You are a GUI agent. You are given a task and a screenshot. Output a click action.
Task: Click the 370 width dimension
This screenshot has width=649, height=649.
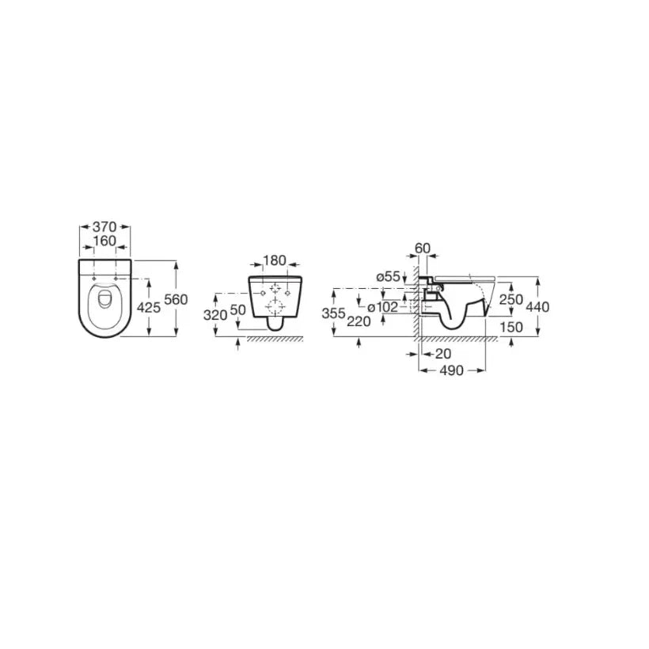point(104,227)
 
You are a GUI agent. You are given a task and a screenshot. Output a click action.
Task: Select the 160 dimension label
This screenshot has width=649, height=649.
point(104,241)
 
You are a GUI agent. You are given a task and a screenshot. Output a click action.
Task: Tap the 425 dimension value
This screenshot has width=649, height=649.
point(148,308)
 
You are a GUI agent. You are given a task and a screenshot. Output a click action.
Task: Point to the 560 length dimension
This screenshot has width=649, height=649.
point(176,299)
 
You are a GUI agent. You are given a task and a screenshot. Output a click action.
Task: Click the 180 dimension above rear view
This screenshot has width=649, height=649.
point(275,260)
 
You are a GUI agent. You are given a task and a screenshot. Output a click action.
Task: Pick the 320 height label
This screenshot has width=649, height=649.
point(215,315)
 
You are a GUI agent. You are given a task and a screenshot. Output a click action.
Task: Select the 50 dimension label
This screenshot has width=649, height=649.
point(237,310)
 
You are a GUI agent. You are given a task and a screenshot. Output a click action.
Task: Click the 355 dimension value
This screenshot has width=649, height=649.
point(334,313)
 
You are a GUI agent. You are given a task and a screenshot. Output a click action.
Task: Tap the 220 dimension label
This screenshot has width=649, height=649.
point(359,321)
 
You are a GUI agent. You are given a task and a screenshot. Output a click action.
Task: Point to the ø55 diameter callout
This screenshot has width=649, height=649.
point(389,276)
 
